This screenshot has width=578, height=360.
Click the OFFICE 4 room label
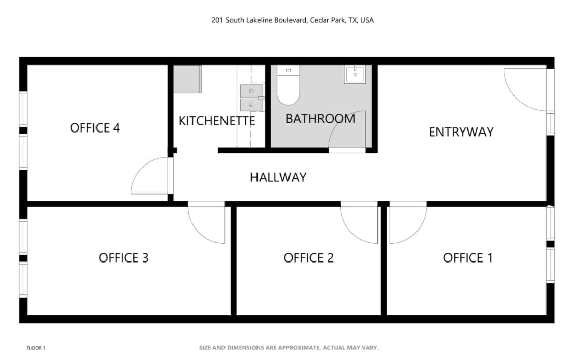coord(95,128)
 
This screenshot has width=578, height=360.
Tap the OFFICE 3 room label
coord(123,257)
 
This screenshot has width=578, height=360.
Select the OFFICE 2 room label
coord(308,257)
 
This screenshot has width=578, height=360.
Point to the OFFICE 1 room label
coord(468,257)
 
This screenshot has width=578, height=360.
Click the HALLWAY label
coord(278,177)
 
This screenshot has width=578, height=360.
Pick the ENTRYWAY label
coord(461,132)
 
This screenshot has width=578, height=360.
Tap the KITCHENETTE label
coord(217,120)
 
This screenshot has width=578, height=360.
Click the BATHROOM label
coord(320,119)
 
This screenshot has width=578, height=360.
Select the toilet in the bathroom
coord(288,85)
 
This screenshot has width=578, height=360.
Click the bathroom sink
coord(355,75)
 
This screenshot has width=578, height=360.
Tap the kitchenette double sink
coord(252,97)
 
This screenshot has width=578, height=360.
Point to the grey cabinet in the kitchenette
coord(187,79)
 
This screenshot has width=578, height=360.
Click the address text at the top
coord(293,20)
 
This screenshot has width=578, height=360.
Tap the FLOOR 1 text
coord(36,348)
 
